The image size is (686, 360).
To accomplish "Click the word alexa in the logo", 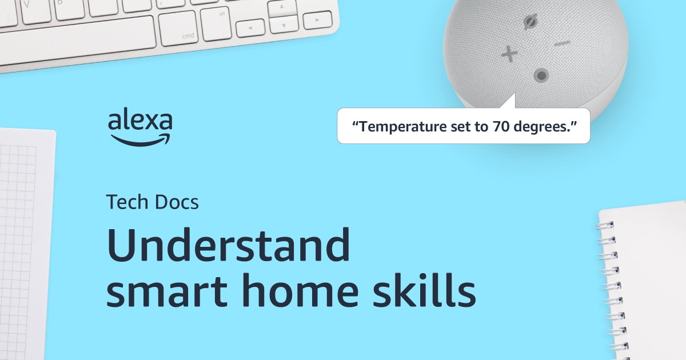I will pos(140,121).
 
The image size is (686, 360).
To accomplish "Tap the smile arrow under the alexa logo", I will pos(141,139).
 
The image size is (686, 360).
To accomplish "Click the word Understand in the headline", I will pos(229,246).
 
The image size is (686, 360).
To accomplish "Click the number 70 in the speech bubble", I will pos(498,126).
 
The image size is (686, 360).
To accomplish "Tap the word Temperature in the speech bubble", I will pos(394,126).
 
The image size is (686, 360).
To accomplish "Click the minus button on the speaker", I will pos(563,43).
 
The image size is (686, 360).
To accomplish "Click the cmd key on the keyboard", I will pos(178,29).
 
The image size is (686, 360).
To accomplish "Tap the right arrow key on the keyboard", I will pos(317,21).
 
